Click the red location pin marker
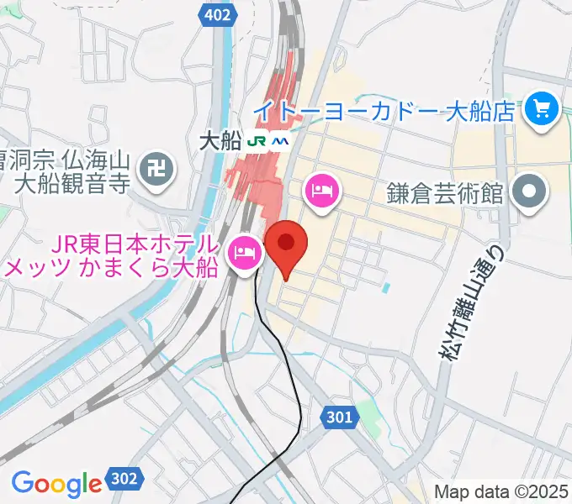286,244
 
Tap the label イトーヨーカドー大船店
384,110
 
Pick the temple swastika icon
158,170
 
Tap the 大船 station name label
221,141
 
